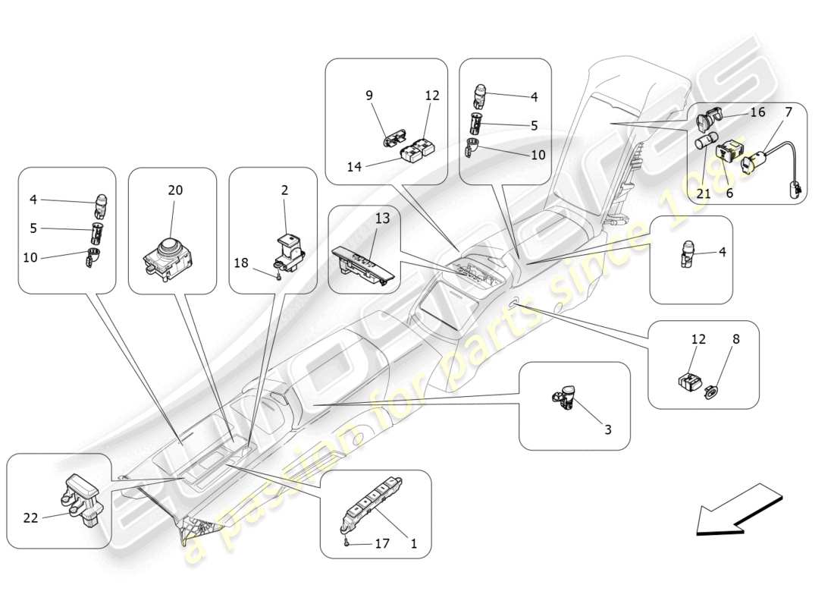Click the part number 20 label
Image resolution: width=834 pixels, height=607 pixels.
pyautogui.click(x=175, y=190)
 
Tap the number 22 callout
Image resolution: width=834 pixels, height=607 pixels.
pyautogui.click(x=30, y=517)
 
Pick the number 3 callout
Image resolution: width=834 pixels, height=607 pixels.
pyautogui.click(x=607, y=429)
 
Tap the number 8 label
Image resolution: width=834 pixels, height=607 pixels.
pyautogui.click(x=735, y=339)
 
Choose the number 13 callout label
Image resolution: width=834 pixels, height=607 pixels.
pyautogui.click(x=381, y=219)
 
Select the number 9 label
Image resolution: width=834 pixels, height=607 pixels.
pyautogui.click(x=369, y=96)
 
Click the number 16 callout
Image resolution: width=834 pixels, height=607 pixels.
pyautogui.click(x=757, y=112)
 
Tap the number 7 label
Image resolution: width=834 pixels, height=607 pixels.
pyautogui.click(x=789, y=112)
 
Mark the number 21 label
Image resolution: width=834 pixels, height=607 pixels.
pyautogui.click(x=704, y=193)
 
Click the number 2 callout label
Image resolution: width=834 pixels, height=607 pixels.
pyautogui.click(x=284, y=190)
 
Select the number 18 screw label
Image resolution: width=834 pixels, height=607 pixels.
pyautogui.click(x=241, y=263)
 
